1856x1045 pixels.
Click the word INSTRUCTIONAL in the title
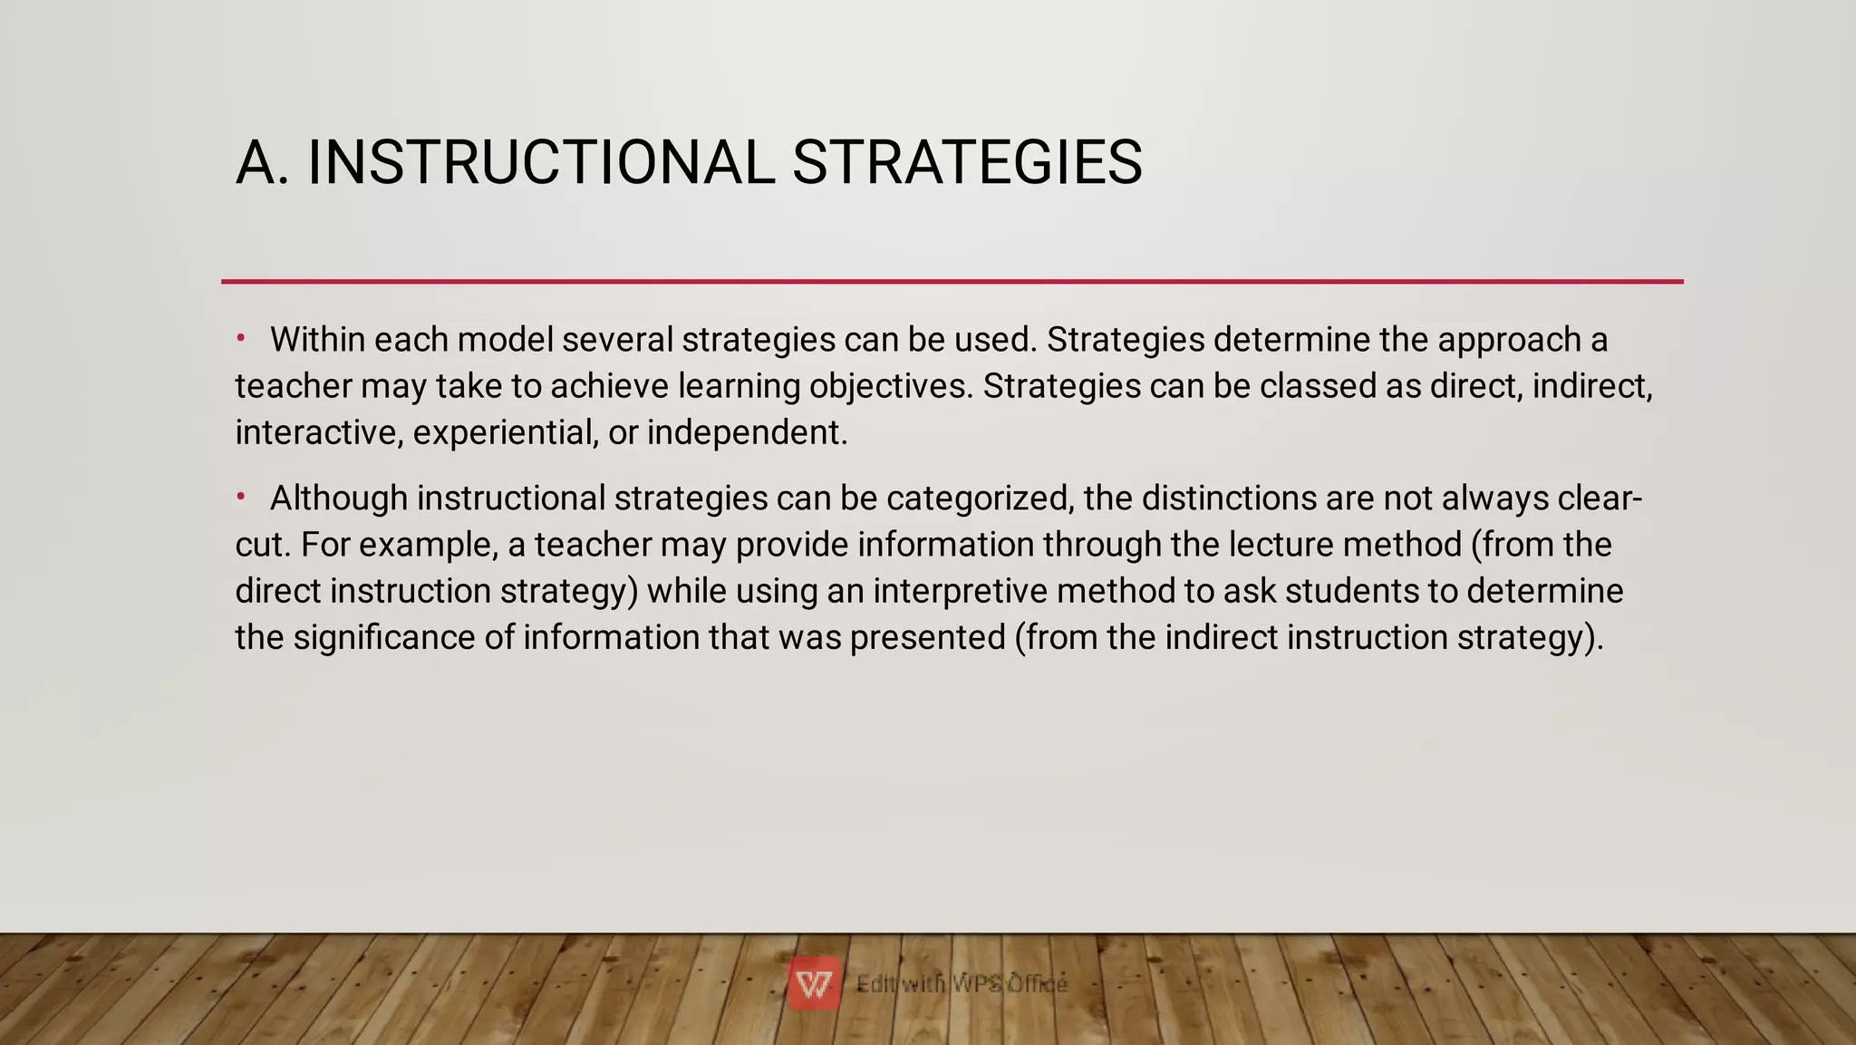point(541,163)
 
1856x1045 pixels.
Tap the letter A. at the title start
point(262,163)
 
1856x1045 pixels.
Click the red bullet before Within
point(241,339)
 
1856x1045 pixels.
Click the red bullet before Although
point(241,497)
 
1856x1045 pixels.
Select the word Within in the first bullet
point(317,340)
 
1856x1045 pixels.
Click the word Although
point(339,498)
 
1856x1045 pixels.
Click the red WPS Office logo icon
point(813,982)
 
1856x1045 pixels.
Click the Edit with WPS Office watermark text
point(962,983)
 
